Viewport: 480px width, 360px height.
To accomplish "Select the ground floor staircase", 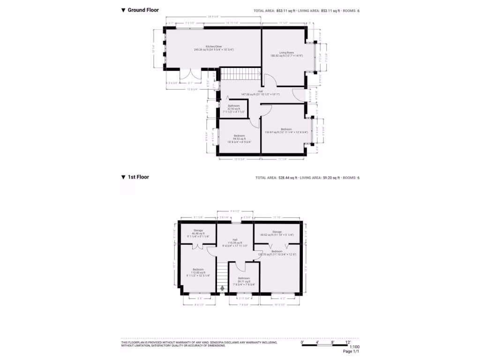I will click(240, 74).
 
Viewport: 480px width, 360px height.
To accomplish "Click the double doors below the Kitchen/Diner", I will click(190, 75).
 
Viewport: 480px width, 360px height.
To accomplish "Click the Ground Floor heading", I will click(143, 10).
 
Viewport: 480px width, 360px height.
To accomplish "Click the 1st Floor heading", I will click(138, 177).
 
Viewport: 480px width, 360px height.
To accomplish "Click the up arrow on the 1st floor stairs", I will click(222, 288).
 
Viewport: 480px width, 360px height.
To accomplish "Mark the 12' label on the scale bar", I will click(348, 342).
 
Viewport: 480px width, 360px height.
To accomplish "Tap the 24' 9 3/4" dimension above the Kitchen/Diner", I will click(214, 18).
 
